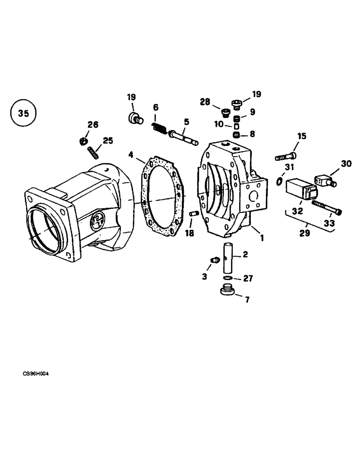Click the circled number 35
[23, 113]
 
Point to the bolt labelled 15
[285, 157]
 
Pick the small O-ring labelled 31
[278, 180]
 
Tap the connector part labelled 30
[325, 179]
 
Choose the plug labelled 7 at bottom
[227, 293]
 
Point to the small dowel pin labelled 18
[194, 213]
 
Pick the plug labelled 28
[225, 113]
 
